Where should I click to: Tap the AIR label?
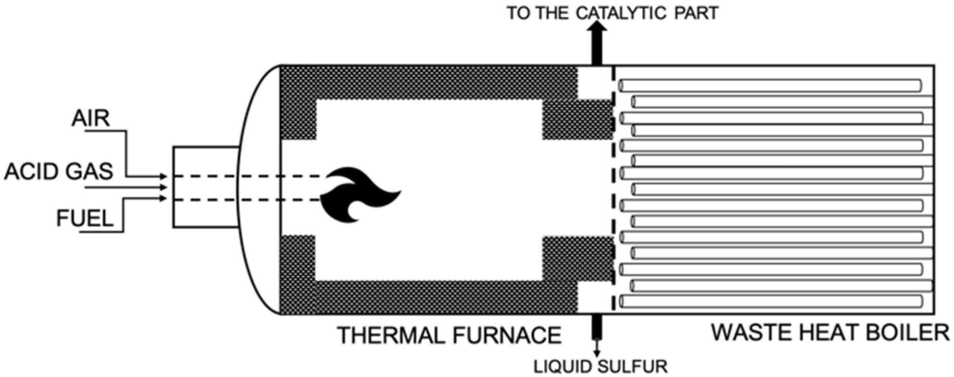(x=91, y=118)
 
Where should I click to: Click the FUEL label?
(x=85, y=219)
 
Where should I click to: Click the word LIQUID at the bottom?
(x=563, y=367)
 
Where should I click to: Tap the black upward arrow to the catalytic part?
(x=596, y=43)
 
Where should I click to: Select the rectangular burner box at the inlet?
(x=206, y=187)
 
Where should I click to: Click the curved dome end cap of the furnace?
(x=259, y=189)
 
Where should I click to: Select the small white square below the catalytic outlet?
(x=595, y=83)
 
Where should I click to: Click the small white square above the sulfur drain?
(x=595, y=297)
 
